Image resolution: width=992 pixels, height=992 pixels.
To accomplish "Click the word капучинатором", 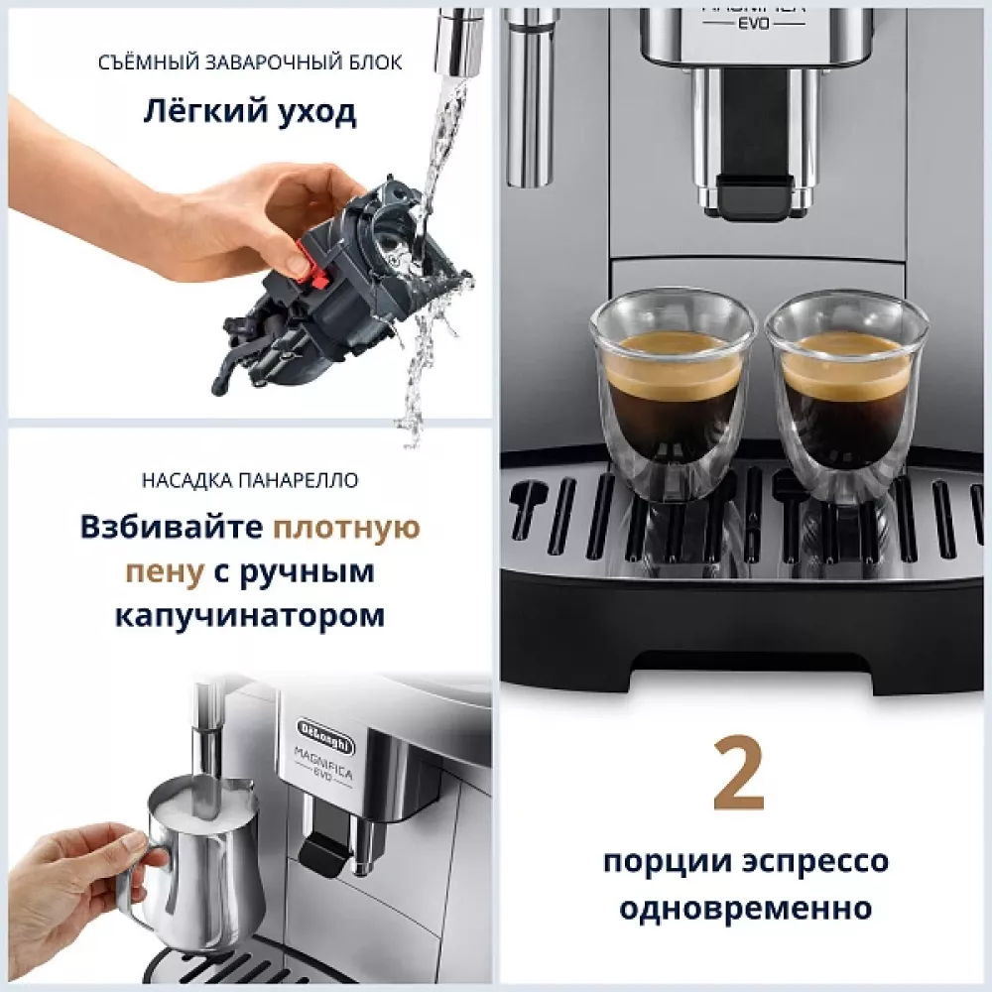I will coord(250,616).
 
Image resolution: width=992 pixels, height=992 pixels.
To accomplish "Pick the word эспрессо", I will coord(809,860).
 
